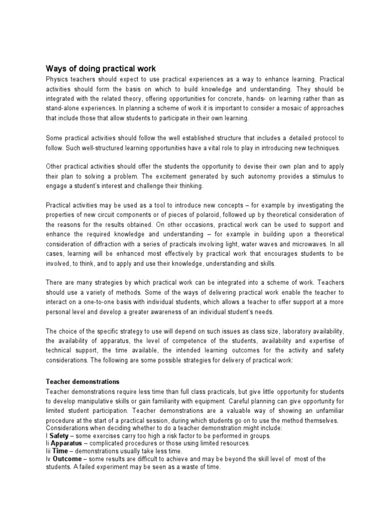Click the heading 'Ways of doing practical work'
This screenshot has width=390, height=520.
coord(101,69)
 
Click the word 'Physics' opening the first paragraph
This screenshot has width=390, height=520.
coord(57,80)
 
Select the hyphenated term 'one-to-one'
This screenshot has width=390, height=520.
coord(91,302)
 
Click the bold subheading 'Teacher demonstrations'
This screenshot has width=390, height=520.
coord(82,381)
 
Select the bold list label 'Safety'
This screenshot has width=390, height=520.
coord(60,436)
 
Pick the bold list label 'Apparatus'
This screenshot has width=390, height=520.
coord(69,443)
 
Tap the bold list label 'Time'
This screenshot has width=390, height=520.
coord(61,451)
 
